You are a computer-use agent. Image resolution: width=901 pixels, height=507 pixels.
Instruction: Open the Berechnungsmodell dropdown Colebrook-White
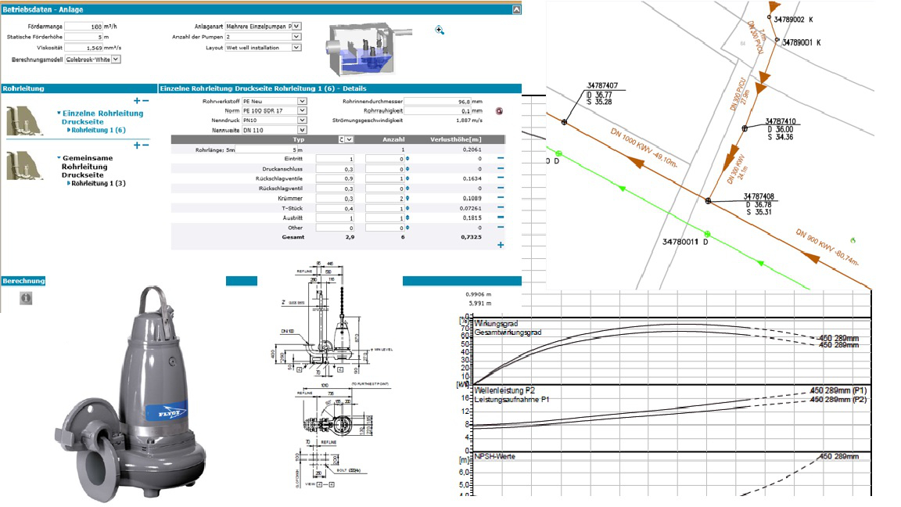(x=92, y=59)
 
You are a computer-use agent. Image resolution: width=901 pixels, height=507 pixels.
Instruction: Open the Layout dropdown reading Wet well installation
(x=263, y=48)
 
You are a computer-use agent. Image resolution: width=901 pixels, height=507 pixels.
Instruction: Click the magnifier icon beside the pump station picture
(x=440, y=30)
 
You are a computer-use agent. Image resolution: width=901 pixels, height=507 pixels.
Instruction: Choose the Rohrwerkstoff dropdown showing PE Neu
(x=274, y=101)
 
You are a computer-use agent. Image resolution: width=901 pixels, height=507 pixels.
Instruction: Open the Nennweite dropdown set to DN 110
(x=274, y=130)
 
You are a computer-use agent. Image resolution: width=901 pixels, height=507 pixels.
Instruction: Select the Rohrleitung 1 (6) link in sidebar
(x=99, y=131)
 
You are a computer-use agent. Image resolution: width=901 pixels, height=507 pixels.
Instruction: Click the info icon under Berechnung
(x=26, y=297)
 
